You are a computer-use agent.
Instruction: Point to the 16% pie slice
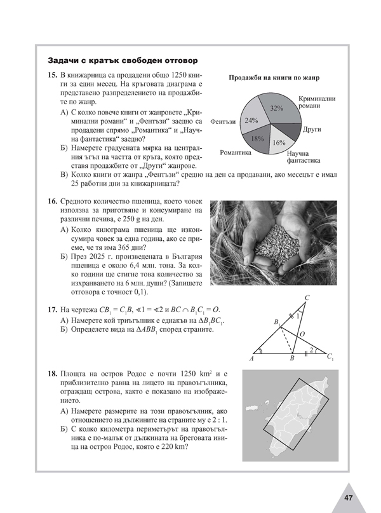point(278,141)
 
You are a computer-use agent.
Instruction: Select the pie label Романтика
point(235,153)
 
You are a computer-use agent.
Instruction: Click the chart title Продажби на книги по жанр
point(274,78)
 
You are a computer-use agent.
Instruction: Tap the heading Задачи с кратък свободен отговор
point(123,60)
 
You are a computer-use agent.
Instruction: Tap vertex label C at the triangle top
point(307,297)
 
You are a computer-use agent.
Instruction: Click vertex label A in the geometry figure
point(252,359)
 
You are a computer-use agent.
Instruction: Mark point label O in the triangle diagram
point(302,333)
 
